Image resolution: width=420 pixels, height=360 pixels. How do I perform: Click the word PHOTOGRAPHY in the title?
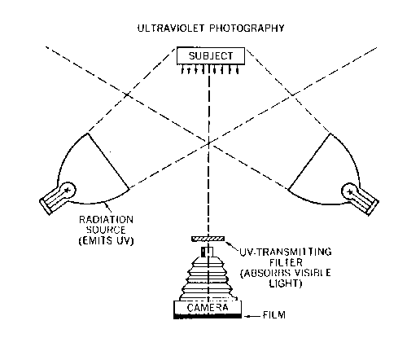pyautogui.click(x=247, y=28)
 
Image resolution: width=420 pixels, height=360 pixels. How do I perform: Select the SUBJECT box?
pyautogui.click(x=211, y=56)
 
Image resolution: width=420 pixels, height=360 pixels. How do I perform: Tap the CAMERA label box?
pyautogui.click(x=208, y=307)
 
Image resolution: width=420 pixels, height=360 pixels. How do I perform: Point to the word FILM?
pyautogui.click(x=274, y=315)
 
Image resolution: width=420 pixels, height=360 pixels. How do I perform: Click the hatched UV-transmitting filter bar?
pyautogui.click(x=208, y=239)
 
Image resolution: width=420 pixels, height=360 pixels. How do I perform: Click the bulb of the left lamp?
pyautogui.click(x=68, y=190)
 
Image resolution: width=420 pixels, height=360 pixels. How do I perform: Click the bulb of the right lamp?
pyautogui.click(x=350, y=191)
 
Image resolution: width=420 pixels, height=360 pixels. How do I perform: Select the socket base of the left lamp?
pyautogui.click(x=51, y=202)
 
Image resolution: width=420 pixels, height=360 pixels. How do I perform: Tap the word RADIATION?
pyautogui.click(x=106, y=220)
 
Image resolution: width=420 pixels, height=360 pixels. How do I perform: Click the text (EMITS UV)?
pyautogui.click(x=106, y=241)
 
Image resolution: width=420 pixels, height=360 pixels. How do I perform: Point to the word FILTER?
pyautogui.click(x=286, y=262)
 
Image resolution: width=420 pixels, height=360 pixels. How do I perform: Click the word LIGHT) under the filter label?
pyautogui.click(x=286, y=283)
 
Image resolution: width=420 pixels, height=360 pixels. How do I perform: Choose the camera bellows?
pyautogui.click(x=208, y=279)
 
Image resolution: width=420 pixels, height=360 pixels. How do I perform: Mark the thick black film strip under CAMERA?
pyautogui.click(x=208, y=316)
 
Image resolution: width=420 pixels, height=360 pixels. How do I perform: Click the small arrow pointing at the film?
pyautogui.click(x=252, y=316)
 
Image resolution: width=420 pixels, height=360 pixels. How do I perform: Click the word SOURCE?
pyautogui.click(x=106, y=230)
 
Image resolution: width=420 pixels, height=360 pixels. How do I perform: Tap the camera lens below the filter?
pyautogui.click(x=207, y=252)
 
